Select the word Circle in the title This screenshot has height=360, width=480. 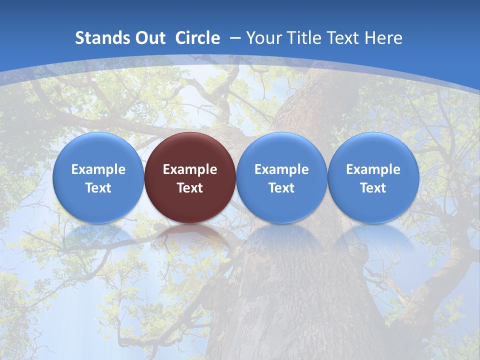(197, 38)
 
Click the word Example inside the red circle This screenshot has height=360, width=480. (190, 169)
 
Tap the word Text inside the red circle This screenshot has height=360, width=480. (190, 188)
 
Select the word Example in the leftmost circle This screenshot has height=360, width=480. (98, 169)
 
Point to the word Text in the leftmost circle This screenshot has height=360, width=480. (98, 188)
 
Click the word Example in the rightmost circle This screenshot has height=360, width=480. (373, 169)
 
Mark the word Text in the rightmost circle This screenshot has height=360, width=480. (373, 188)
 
